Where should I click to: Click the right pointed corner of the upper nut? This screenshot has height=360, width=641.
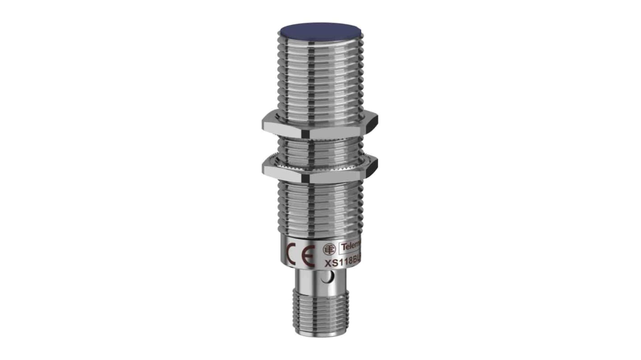tap(377, 121)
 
